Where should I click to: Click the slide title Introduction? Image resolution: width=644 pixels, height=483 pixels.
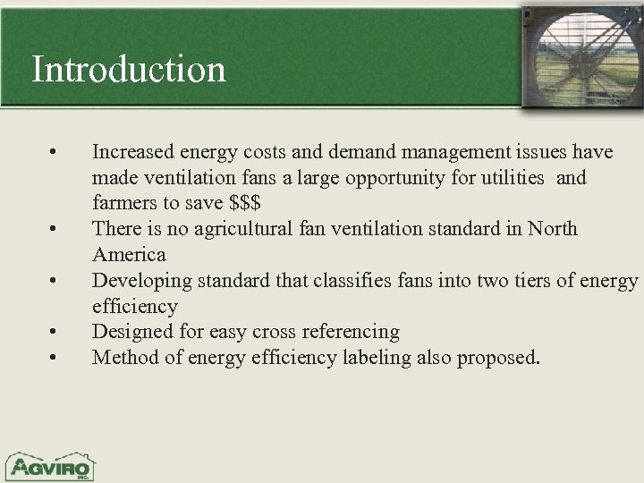pos(129,69)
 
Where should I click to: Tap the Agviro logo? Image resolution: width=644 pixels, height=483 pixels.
pos(50,465)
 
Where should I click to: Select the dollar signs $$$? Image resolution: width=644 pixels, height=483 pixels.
pos(252,203)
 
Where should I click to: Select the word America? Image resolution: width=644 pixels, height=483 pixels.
pos(129,255)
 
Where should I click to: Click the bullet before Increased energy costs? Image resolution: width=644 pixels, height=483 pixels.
pos(55,151)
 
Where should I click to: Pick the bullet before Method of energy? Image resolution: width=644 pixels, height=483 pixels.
pos(55,358)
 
